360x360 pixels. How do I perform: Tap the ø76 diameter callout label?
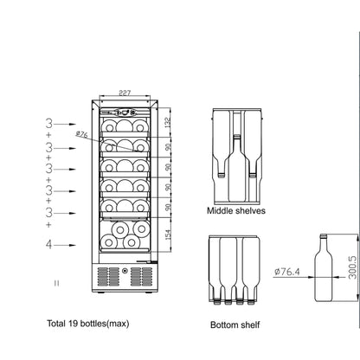coord(82,134)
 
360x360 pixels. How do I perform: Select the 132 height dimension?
coord(170,122)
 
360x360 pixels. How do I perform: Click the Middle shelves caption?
coord(235,210)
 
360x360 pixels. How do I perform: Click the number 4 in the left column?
coord(49,245)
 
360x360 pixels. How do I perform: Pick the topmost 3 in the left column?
coord(49,125)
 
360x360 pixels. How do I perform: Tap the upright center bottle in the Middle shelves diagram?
coord(236,164)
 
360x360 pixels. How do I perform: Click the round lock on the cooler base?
coord(125,278)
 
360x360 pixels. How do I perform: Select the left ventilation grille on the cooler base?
coord(107,277)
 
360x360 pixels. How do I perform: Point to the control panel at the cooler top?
coord(125,112)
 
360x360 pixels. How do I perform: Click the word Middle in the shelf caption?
coord(221,210)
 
